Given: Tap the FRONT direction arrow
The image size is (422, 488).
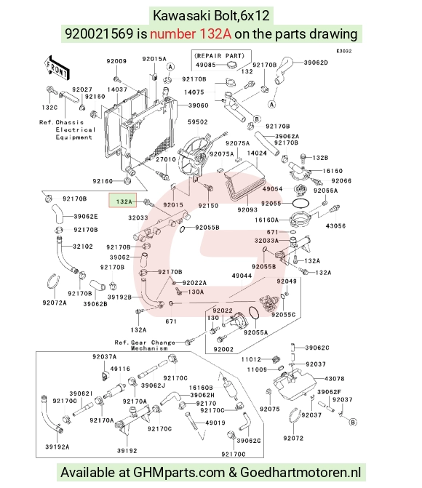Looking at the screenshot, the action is [57, 68].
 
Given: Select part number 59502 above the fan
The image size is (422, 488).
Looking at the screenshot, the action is [198, 122].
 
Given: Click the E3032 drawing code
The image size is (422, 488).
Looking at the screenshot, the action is [344, 51].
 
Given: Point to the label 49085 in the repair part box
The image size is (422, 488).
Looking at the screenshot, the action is [206, 65].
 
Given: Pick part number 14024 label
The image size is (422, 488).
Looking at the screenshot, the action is [257, 153].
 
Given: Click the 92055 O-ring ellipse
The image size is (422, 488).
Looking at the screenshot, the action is [300, 204].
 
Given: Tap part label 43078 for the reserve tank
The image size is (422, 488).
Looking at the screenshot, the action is [335, 379].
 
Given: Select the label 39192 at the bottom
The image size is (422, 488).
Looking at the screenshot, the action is [127, 450].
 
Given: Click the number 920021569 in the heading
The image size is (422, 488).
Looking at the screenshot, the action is [99, 33].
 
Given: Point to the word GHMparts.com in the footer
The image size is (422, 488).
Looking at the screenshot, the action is [179, 473].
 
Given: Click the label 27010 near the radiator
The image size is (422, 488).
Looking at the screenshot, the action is [166, 159].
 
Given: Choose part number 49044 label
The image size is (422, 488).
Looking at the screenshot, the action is [242, 276].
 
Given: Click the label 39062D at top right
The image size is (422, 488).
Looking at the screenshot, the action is [316, 63].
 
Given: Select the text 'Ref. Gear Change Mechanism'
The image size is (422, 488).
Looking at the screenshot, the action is [145, 345].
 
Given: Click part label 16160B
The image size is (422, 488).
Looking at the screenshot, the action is [201, 388].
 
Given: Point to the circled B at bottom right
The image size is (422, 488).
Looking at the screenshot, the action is [353, 423].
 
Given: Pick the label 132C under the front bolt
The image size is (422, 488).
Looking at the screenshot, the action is [49, 108].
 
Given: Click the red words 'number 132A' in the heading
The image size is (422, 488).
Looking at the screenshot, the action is [191, 33].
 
